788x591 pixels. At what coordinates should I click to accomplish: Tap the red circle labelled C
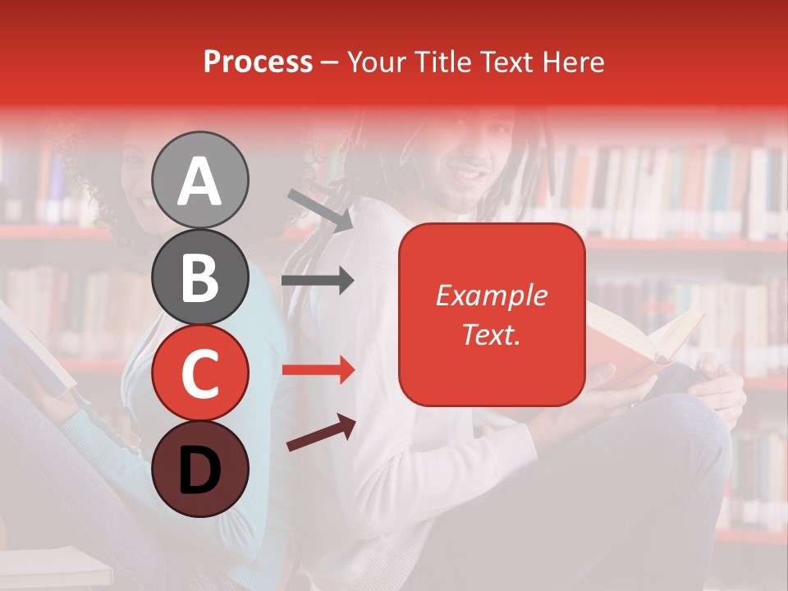(x=199, y=373)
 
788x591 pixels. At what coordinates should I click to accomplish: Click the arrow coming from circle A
(x=320, y=209)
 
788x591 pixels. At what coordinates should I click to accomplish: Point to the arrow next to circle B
(x=318, y=282)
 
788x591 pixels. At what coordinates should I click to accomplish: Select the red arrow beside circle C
(x=318, y=370)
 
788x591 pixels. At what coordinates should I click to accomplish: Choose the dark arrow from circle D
(x=321, y=433)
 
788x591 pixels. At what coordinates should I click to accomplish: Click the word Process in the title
(x=258, y=62)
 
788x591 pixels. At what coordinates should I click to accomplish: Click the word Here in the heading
(x=572, y=62)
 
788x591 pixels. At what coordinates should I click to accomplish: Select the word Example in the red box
(x=491, y=295)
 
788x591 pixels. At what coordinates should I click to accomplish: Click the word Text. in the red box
(x=491, y=334)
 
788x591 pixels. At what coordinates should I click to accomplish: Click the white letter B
(x=199, y=277)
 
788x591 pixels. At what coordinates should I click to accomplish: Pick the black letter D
(x=199, y=470)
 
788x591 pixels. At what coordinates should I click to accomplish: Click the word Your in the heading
(x=373, y=62)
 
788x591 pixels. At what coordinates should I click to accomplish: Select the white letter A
(x=199, y=181)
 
